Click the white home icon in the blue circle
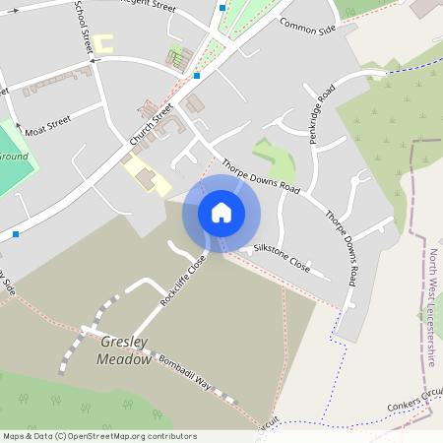point(221,213)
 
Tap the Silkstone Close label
point(282,257)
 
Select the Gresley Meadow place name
point(124,350)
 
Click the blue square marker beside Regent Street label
point(222,7)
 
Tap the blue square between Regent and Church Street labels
point(197,75)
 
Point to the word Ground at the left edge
point(13,157)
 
